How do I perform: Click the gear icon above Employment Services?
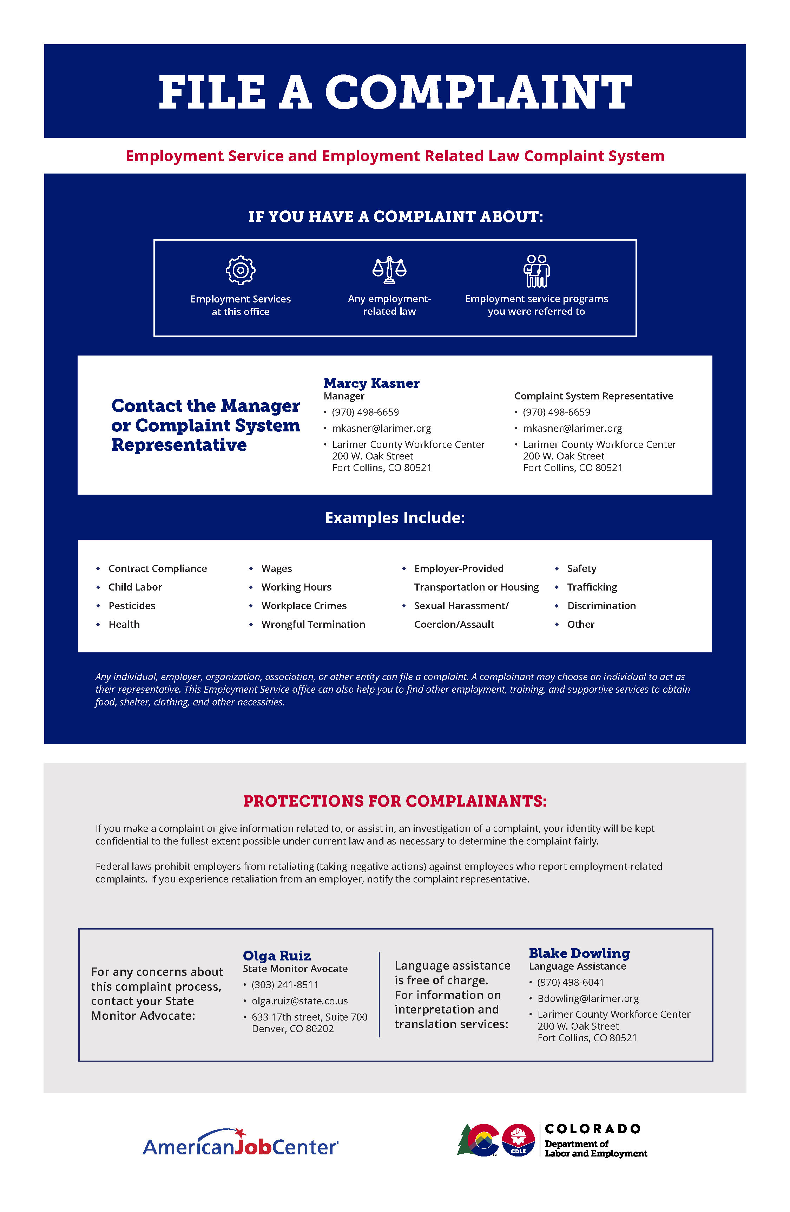[240, 270]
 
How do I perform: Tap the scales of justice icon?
[389, 270]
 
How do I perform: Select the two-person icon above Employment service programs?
[536, 271]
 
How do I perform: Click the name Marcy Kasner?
[371, 383]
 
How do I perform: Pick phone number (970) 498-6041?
[570, 982]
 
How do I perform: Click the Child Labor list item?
[135, 587]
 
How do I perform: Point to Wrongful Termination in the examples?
[313, 624]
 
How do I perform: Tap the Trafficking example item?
[592, 587]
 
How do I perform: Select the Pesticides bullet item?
[132, 606]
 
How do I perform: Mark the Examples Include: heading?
[395, 517]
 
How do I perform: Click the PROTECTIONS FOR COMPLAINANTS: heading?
[395, 801]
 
